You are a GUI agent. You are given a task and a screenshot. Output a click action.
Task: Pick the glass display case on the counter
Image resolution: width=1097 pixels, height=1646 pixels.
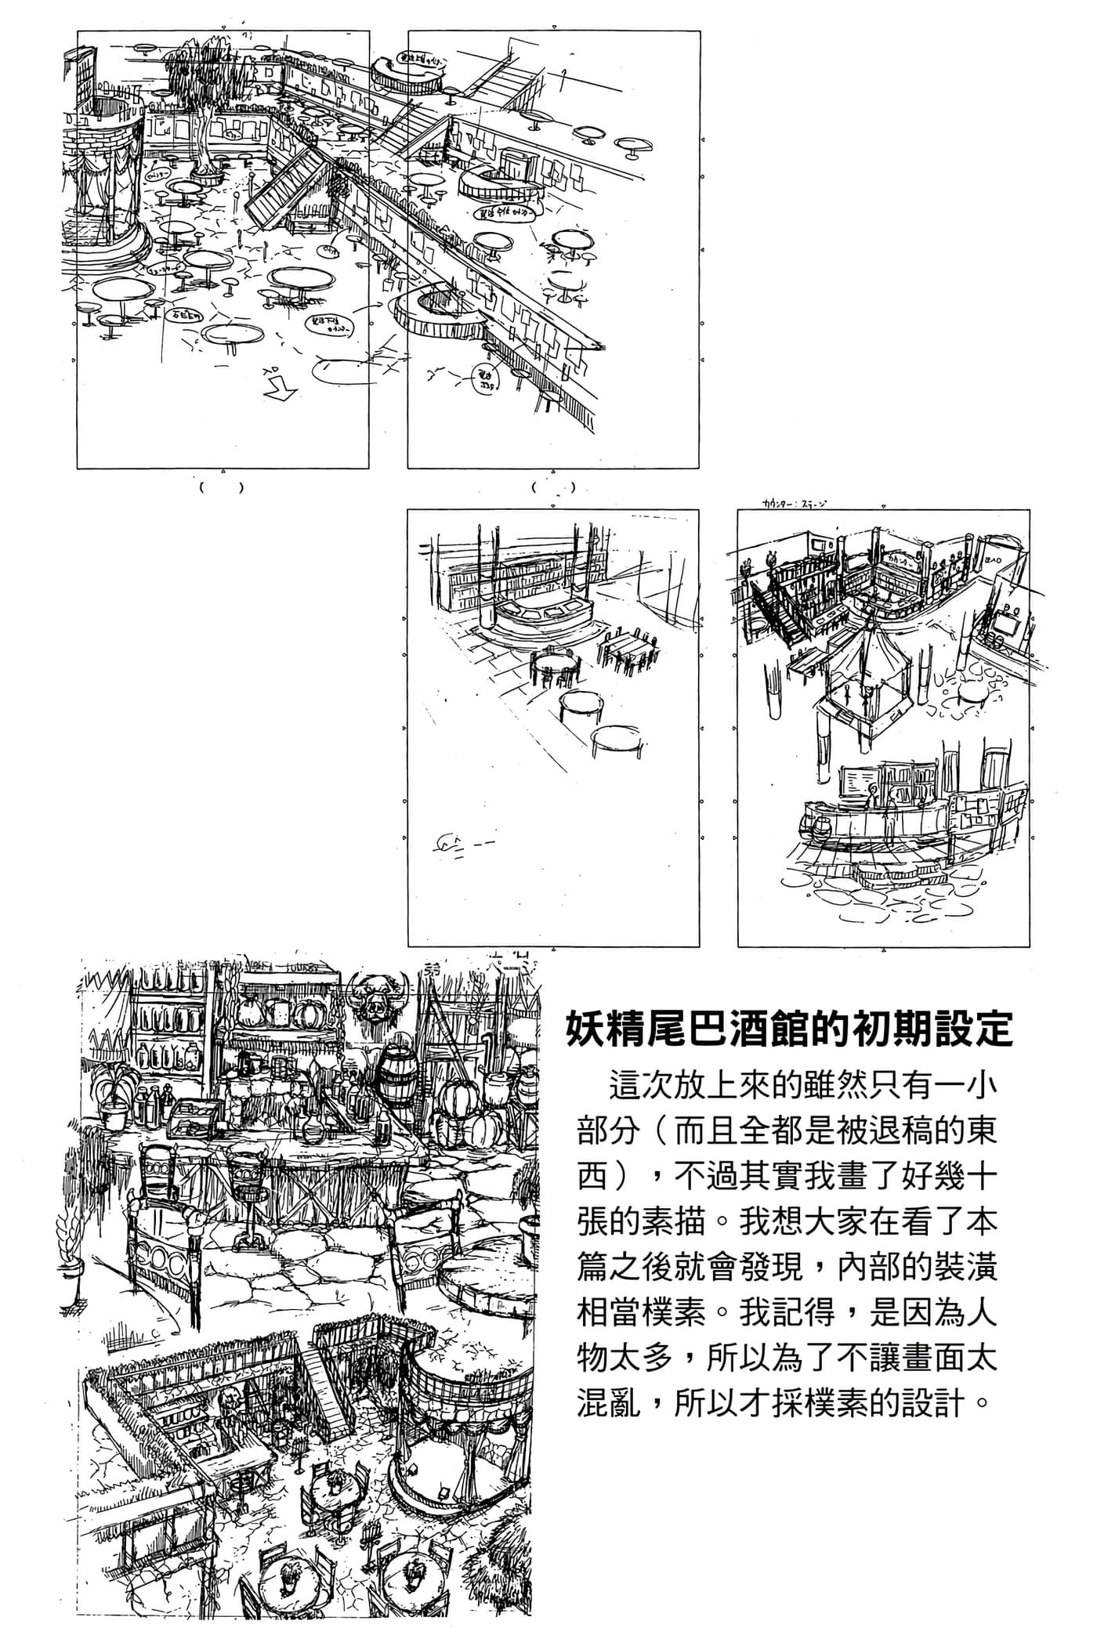point(195,1117)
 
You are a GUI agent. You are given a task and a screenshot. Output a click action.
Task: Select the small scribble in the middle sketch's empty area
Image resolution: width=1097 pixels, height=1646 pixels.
point(455,844)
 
